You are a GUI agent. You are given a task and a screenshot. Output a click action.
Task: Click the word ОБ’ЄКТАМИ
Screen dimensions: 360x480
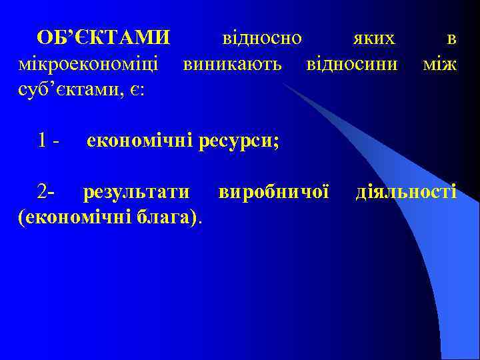(103, 39)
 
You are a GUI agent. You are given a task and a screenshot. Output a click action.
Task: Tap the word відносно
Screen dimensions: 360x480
(261, 39)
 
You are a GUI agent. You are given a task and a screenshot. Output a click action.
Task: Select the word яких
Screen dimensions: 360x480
(374, 39)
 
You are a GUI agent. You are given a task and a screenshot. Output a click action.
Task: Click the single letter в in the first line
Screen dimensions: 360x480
(451, 39)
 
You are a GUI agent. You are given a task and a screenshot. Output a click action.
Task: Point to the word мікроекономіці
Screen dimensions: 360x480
(89, 65)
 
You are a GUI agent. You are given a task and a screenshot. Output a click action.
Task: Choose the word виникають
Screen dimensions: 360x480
(233, 65)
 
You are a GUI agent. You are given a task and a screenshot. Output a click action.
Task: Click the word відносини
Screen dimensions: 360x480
(351, 65)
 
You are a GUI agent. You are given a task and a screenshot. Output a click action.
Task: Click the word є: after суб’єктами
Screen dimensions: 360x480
(139, 91)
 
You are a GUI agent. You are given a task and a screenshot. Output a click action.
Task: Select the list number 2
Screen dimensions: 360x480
(44, 193)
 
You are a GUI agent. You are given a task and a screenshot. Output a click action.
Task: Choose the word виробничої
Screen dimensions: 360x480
(273, 193)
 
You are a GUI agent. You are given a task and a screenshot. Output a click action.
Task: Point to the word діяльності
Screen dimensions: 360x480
(406, 193)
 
